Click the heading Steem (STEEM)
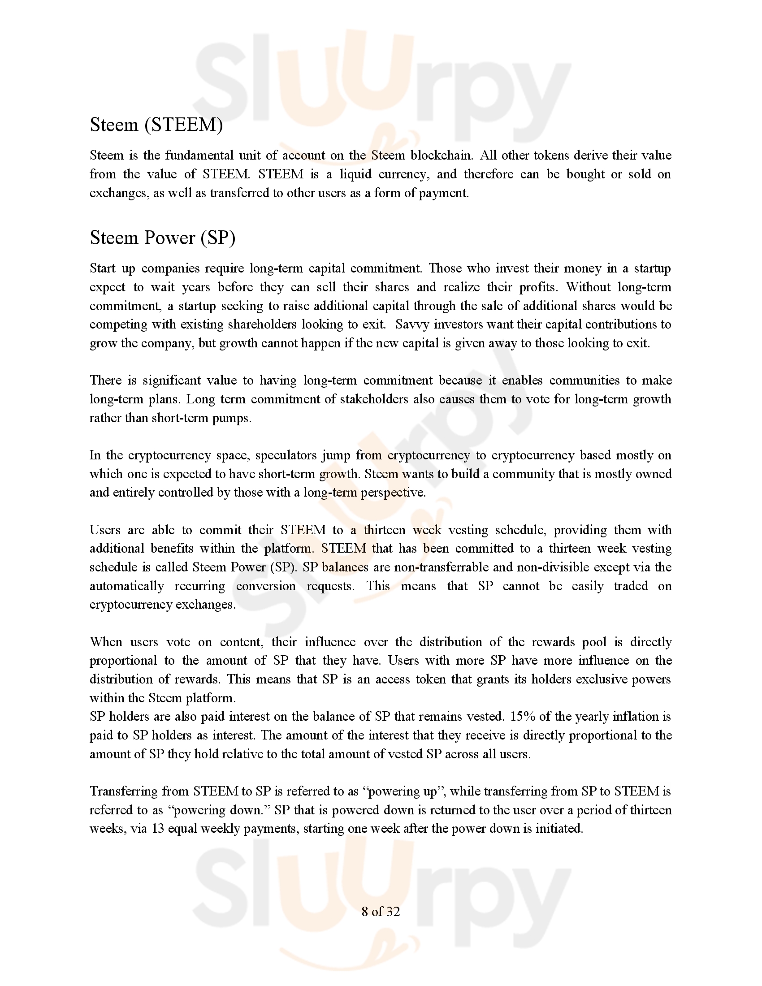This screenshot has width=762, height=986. point(156,125)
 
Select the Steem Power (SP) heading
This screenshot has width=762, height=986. point(163,238)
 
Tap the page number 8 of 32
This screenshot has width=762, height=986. point(381,912)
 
